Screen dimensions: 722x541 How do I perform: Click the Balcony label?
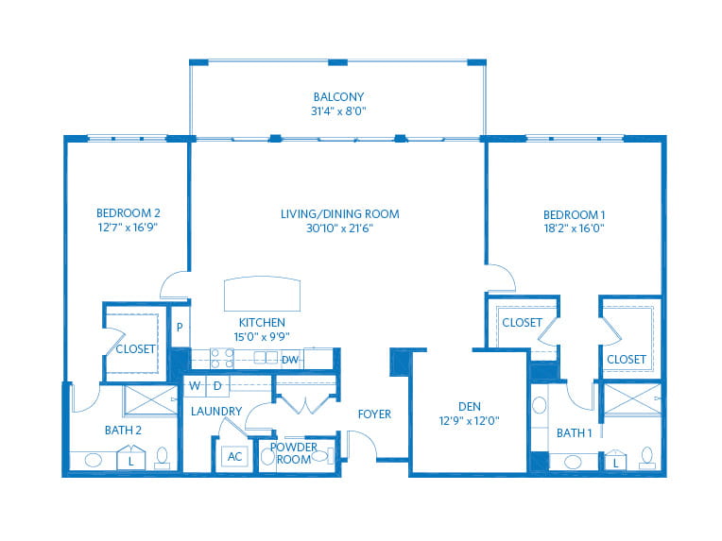pos(338,97)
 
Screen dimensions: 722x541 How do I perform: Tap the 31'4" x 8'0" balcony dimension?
pos(338,110)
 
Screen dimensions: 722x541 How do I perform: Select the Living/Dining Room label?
pos(340,214)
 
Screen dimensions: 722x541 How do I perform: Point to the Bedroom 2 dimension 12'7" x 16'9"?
pos(128,228)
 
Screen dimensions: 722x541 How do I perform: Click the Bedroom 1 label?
pos(575,215)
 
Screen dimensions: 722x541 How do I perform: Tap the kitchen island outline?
pos(262,294)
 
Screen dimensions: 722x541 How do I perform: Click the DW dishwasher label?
pos(289,360)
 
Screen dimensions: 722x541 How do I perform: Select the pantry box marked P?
pos(180,327)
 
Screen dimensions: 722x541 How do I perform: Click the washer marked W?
pos(195,386)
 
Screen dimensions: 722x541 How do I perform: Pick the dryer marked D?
pos(217,386)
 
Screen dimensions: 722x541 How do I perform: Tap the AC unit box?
pos(234,456)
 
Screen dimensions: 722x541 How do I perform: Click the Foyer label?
pos(374,414)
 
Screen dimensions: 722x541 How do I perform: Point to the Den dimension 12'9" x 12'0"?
pos(470,420)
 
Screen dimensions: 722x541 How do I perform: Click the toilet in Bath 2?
pos(162,458)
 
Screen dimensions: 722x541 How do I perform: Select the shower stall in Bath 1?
pos(632,398)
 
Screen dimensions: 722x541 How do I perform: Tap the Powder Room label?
pos(293,453)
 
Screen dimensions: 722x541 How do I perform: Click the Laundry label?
pos(216,412)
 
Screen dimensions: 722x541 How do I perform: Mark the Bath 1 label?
pos(575,432)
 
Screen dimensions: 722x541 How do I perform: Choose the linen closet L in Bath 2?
pos(131,457)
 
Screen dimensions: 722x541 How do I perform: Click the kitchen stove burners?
pos(222,359)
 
